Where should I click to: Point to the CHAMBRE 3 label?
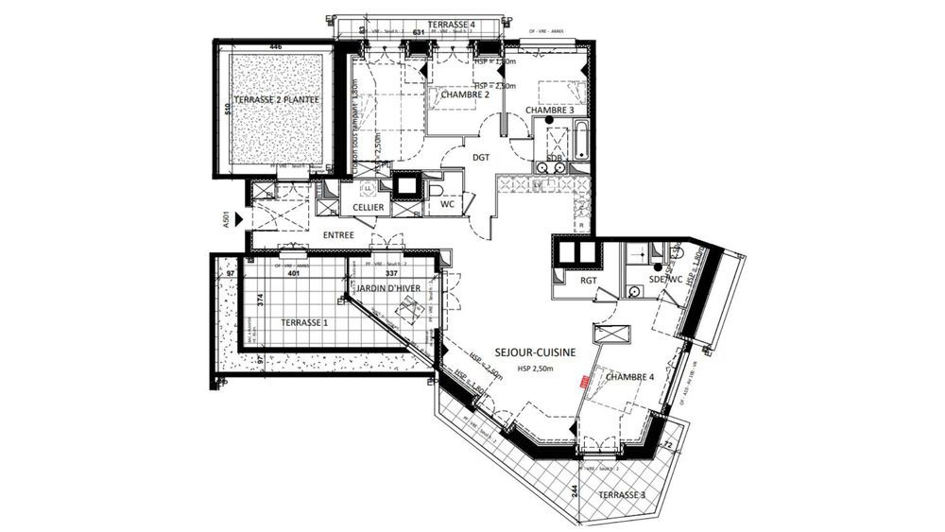pos(550,111)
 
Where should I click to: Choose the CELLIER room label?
pos(368,207)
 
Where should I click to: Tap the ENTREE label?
pos(337,233)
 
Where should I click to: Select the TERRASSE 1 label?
pos(304,322)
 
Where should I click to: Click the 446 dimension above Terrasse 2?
pos(276,45)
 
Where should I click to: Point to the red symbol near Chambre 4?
pos(584,382)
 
